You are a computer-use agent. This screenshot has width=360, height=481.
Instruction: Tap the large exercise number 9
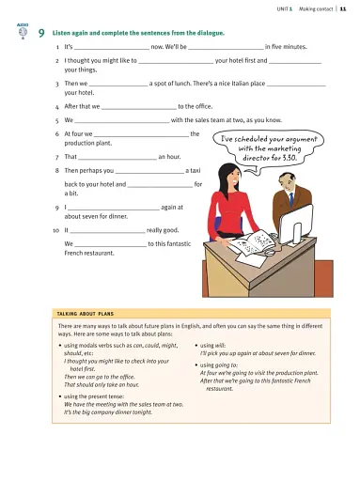(42, 34)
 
